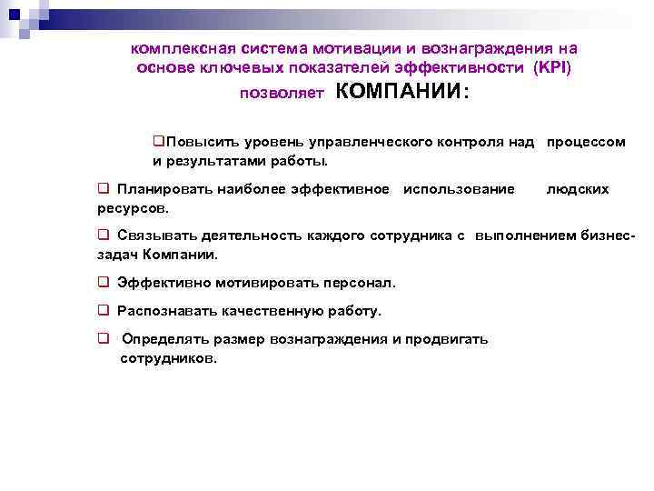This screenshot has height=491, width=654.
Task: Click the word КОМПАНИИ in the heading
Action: pos(397,92)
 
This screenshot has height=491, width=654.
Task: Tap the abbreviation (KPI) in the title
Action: pos(553,67)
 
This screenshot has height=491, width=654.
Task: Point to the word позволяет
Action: pos(282,94)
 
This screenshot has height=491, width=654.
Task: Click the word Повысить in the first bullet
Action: pos(195,143)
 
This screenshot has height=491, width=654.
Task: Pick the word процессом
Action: pos(586,143)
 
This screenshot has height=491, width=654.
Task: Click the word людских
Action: pos(577,189)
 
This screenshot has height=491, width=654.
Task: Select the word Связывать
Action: pos(155,235)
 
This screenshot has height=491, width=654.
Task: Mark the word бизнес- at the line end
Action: pos(606,235)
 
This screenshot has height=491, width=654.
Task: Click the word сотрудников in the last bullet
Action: pos(169,358)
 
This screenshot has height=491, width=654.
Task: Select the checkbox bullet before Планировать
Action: pos(104,189)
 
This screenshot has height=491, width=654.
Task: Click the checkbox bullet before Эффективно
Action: pos(104,283)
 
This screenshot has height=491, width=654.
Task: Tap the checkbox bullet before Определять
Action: pos(104,339)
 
